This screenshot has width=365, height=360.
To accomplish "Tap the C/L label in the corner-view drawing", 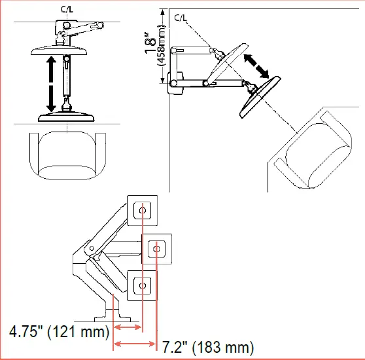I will [181, 18].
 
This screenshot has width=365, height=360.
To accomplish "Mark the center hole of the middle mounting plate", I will [156, 248].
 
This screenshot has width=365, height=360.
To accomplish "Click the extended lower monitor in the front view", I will [67, 117].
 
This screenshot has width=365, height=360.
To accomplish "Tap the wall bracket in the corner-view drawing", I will [174, 82].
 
